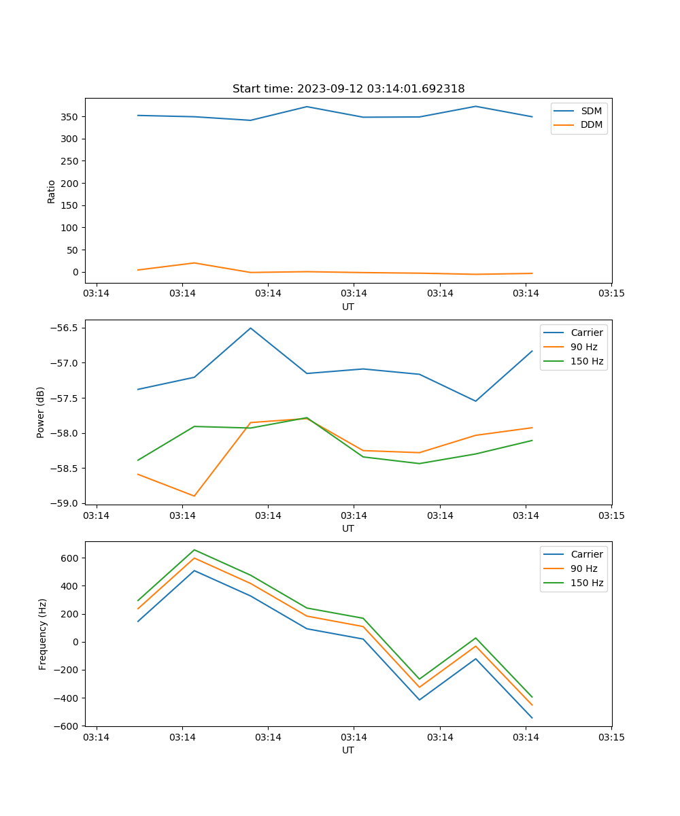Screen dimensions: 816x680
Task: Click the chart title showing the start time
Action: coord(348,89)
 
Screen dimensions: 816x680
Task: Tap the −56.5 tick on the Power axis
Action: coord(65,328)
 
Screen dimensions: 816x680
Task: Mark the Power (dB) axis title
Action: coord(41,412)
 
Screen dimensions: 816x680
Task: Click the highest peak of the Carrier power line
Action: coord(250,328)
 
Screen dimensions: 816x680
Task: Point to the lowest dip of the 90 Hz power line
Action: coord(194,496)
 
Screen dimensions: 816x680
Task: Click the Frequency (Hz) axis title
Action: coord(43,634)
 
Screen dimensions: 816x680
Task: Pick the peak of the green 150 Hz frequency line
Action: coord(194,549)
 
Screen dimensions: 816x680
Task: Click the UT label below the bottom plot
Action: coord(348,750)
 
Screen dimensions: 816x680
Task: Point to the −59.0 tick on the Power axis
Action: coord(65,504)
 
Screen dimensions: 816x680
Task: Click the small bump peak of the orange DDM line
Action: coord(194,262)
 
